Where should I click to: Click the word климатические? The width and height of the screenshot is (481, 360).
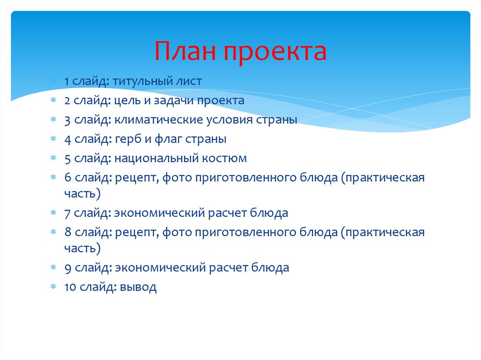157,120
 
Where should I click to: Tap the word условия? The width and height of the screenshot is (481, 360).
230,120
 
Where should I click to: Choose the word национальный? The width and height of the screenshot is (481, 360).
156,158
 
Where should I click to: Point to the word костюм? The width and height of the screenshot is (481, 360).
224,158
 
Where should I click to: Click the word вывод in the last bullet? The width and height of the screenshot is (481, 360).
138,287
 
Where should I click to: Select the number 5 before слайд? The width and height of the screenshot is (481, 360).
68,158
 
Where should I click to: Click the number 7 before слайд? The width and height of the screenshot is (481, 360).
68,213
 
